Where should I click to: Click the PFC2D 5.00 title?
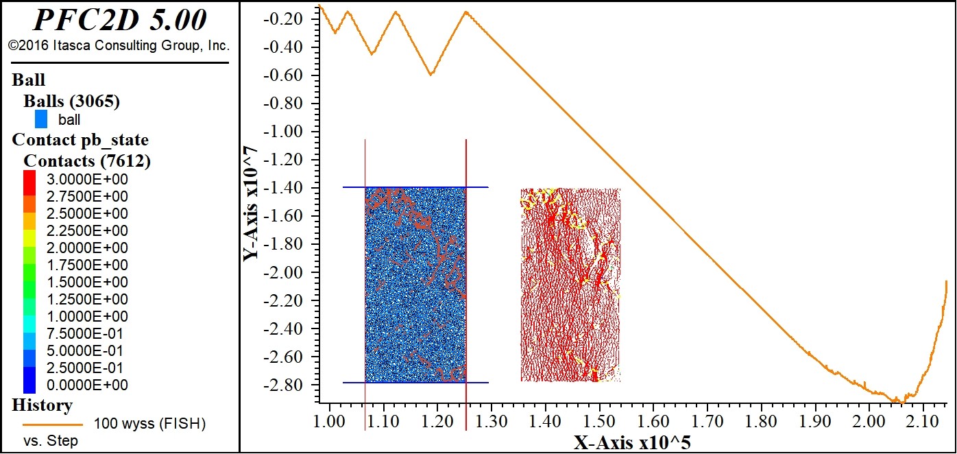(x=119, y=21)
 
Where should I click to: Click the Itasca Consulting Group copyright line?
(x=119, y=46)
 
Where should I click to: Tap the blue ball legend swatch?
(x=41, y=119)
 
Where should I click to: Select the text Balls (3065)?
(x=72, y=101)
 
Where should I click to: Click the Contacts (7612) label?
(x=87, y=161)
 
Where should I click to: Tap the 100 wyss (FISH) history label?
(x=149, y=424)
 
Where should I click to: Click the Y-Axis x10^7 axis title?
(x=252, y=204)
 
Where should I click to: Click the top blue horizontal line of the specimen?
(x=415, y=187)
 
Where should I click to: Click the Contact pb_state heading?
(x=80, y=141)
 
